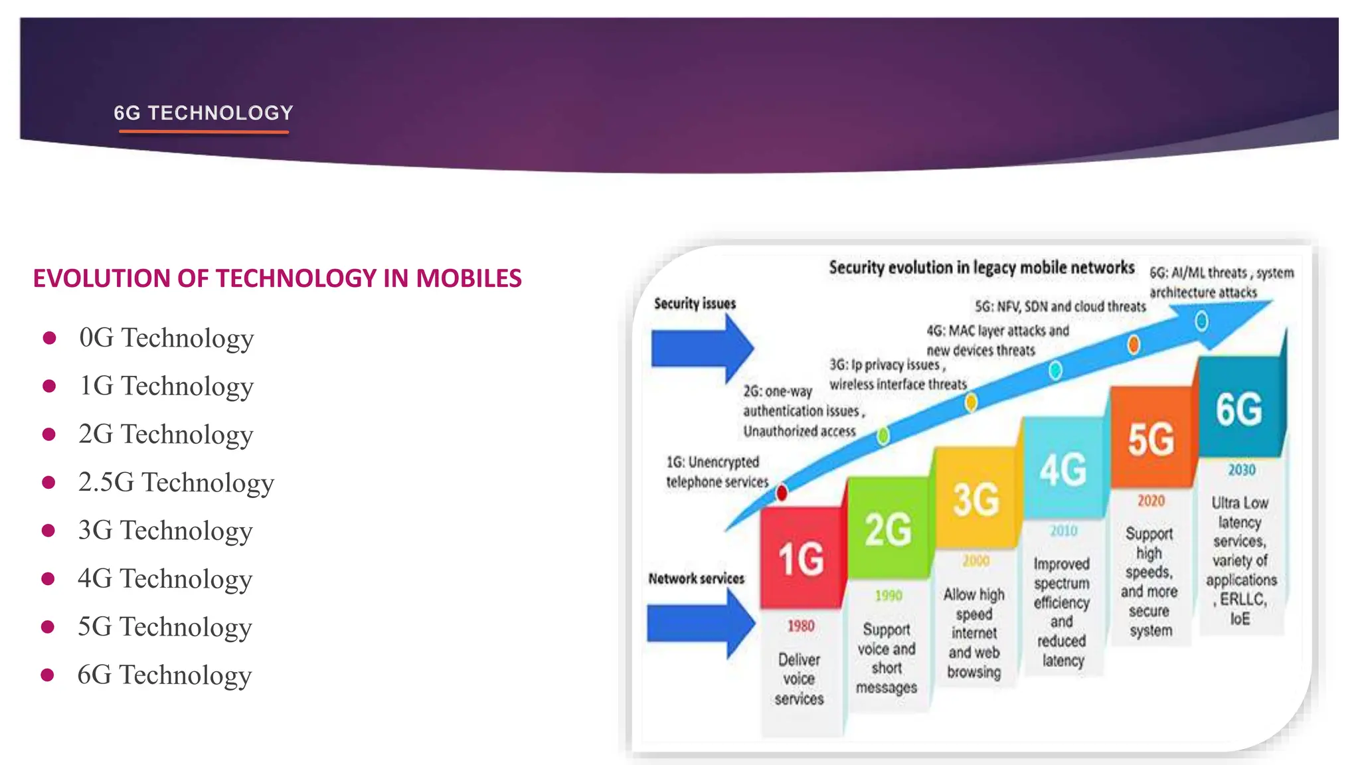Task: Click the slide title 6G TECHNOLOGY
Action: pos(203,113)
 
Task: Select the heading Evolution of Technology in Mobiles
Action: pos(277,278)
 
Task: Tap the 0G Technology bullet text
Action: pos(166,338)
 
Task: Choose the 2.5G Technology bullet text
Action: pos(176,483)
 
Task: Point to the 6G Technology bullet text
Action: pos(165,675)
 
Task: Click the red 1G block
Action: pos(802,558)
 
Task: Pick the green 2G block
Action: pos(888,529)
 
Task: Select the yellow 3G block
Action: pos(975,499)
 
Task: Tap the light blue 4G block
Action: pos(1062,469)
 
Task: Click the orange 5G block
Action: pos(1151,438)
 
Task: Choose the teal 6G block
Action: pos(1239,408)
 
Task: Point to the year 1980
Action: pos(801,626)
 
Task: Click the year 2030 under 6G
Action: pos(1241,470)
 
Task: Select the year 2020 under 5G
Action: pos(1151,501)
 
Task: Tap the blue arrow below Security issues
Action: pos(701,349)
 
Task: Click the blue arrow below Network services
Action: pos(700,624)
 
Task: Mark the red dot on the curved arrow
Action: pos(782,493)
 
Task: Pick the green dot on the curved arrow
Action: pos(883,436)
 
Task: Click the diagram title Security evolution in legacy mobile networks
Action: pos(981,268)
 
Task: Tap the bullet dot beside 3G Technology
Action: pos(48,531)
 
